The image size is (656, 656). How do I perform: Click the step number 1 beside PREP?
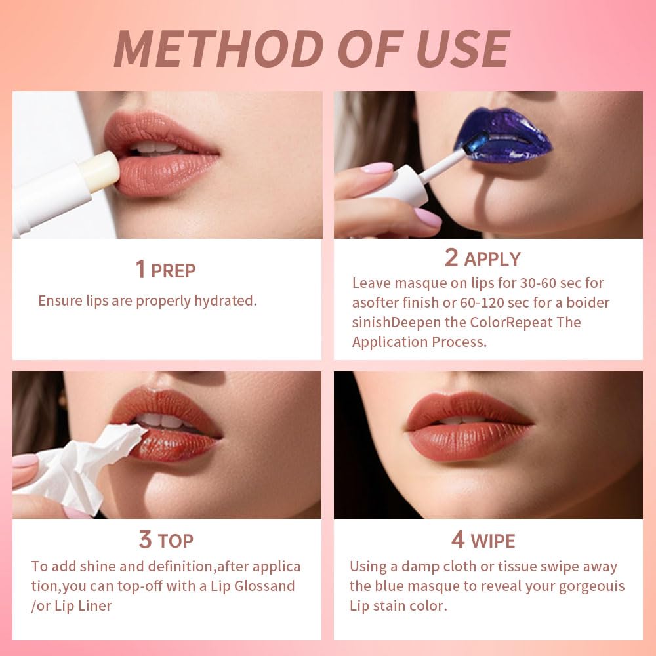[140, 270]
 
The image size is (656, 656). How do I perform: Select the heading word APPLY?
[492, 259]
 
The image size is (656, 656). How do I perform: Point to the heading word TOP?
[175, 541]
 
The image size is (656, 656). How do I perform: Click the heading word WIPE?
[493, 541]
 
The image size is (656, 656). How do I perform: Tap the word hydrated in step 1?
[224, 301]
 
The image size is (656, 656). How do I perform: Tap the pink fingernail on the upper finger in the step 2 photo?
[377, 168]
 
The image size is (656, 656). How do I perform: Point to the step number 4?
[457, 540]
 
